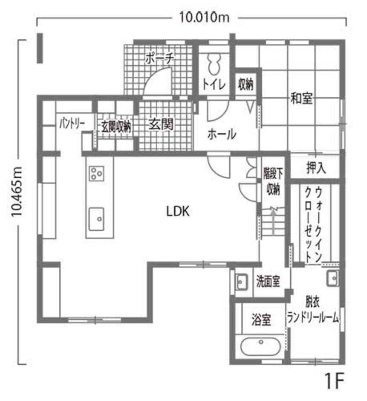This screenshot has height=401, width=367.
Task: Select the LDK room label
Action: pos(177,211)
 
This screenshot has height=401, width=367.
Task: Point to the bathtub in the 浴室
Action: pos(260,346)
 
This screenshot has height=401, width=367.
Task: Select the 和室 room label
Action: pos(302,99)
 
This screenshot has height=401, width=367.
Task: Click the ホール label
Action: pos(222,134)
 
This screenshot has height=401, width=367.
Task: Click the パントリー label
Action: pos(71,124)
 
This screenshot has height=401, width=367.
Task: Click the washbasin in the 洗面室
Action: pos(242,282)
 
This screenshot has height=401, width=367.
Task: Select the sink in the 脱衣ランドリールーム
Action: pos(332,279)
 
